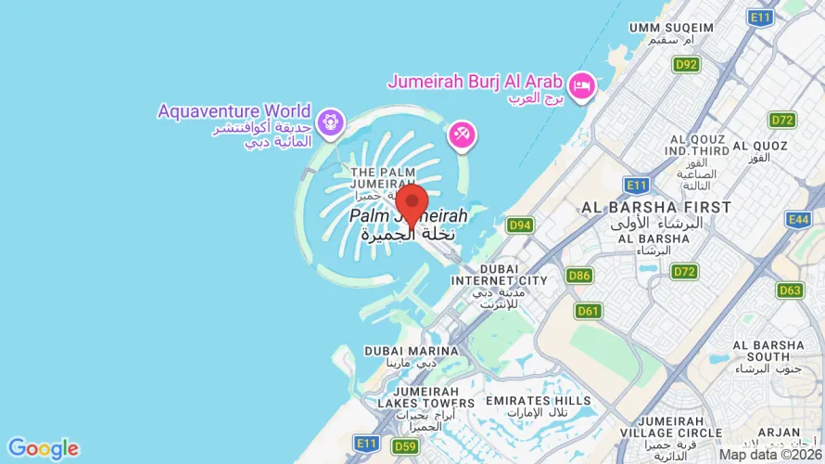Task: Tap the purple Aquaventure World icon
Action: pos(330,122)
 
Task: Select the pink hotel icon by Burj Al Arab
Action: pos(582,85)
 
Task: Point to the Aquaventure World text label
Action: pos(234,111)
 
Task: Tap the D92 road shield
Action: pos(686,64)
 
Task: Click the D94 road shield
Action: pos(520,225)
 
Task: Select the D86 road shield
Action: pos(580,276)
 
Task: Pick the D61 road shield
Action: pos(588,311)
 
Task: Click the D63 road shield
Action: pos(790,290)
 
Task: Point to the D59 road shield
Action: pos(405,446)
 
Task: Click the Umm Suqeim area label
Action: pos(671,28)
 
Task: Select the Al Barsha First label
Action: pos(656,207)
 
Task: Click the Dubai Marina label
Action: pos(411,351)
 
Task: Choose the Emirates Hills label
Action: pos(538,401)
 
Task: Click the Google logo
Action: pos(43,449)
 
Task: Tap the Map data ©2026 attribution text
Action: pos(770,455)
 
